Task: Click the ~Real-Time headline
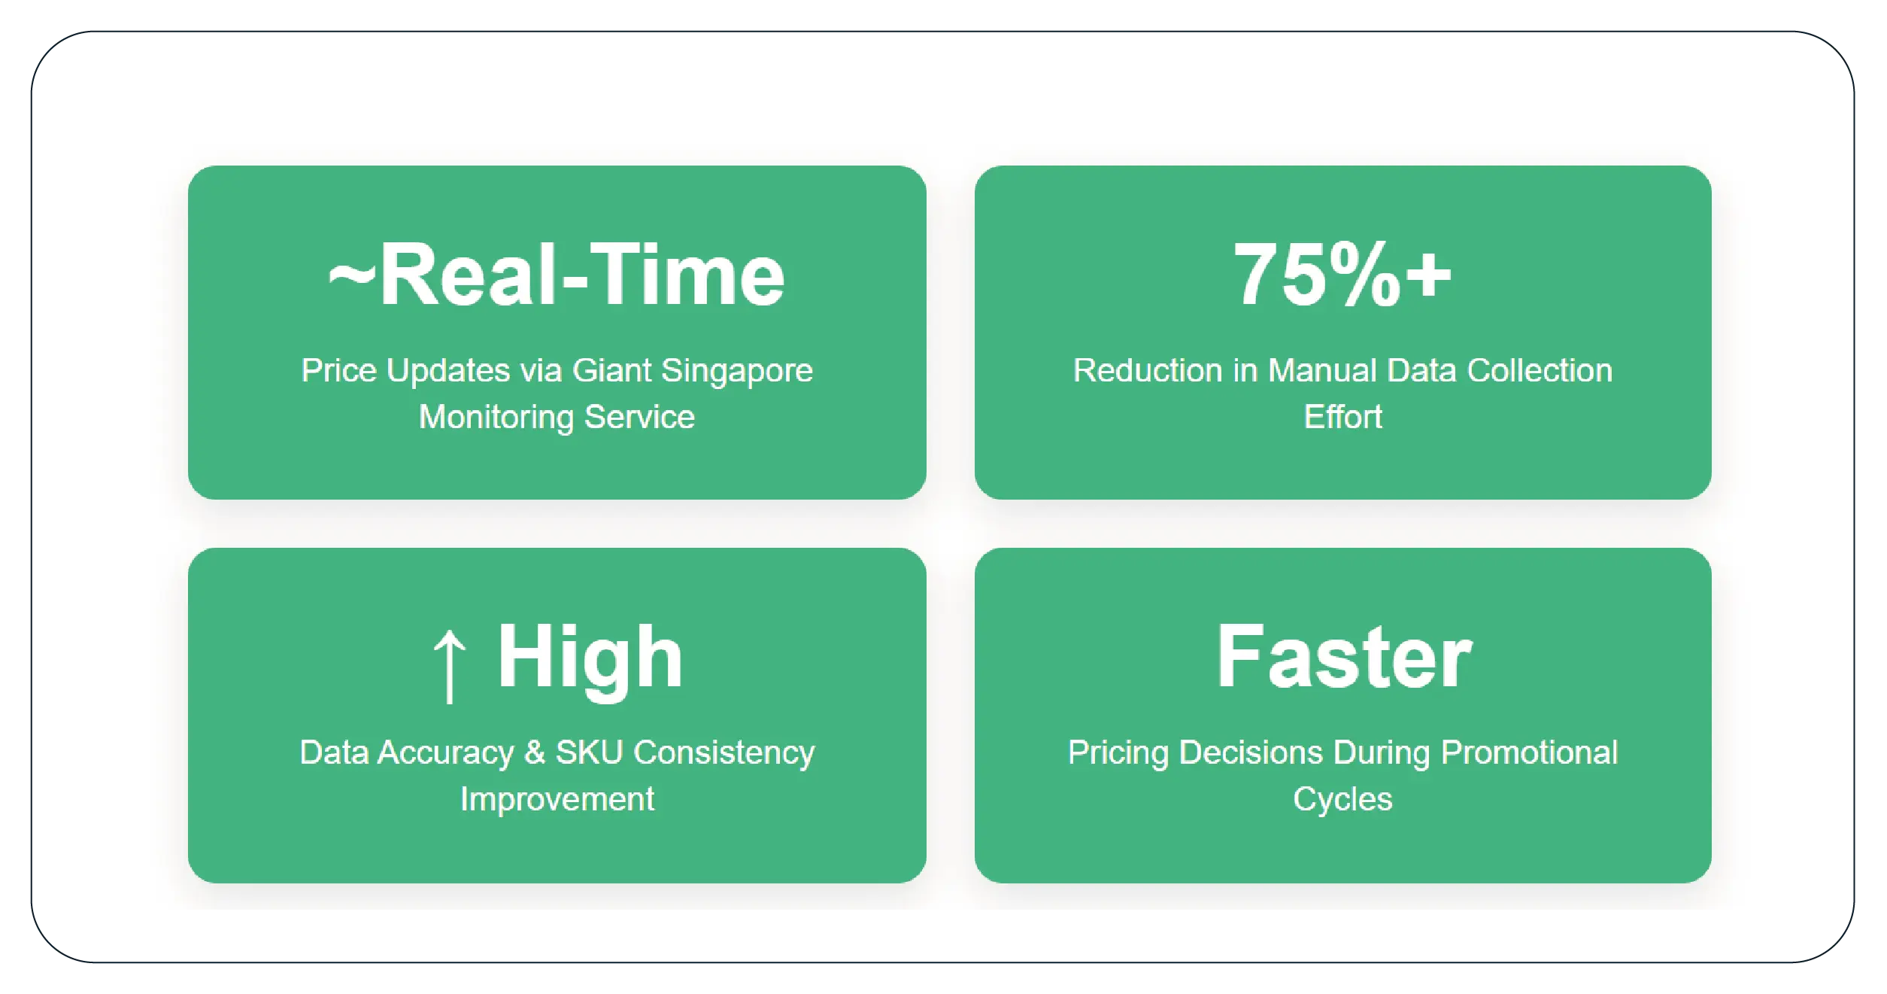tap(557, 275)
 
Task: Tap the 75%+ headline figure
tap(1342, 275)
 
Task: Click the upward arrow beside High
tap(450, 665)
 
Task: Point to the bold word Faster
tap(1343, 658)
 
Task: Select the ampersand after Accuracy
tap(534, 753)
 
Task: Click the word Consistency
tap(724, 753)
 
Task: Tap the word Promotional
tap(1529, 753)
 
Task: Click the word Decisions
tap(1251, 753)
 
